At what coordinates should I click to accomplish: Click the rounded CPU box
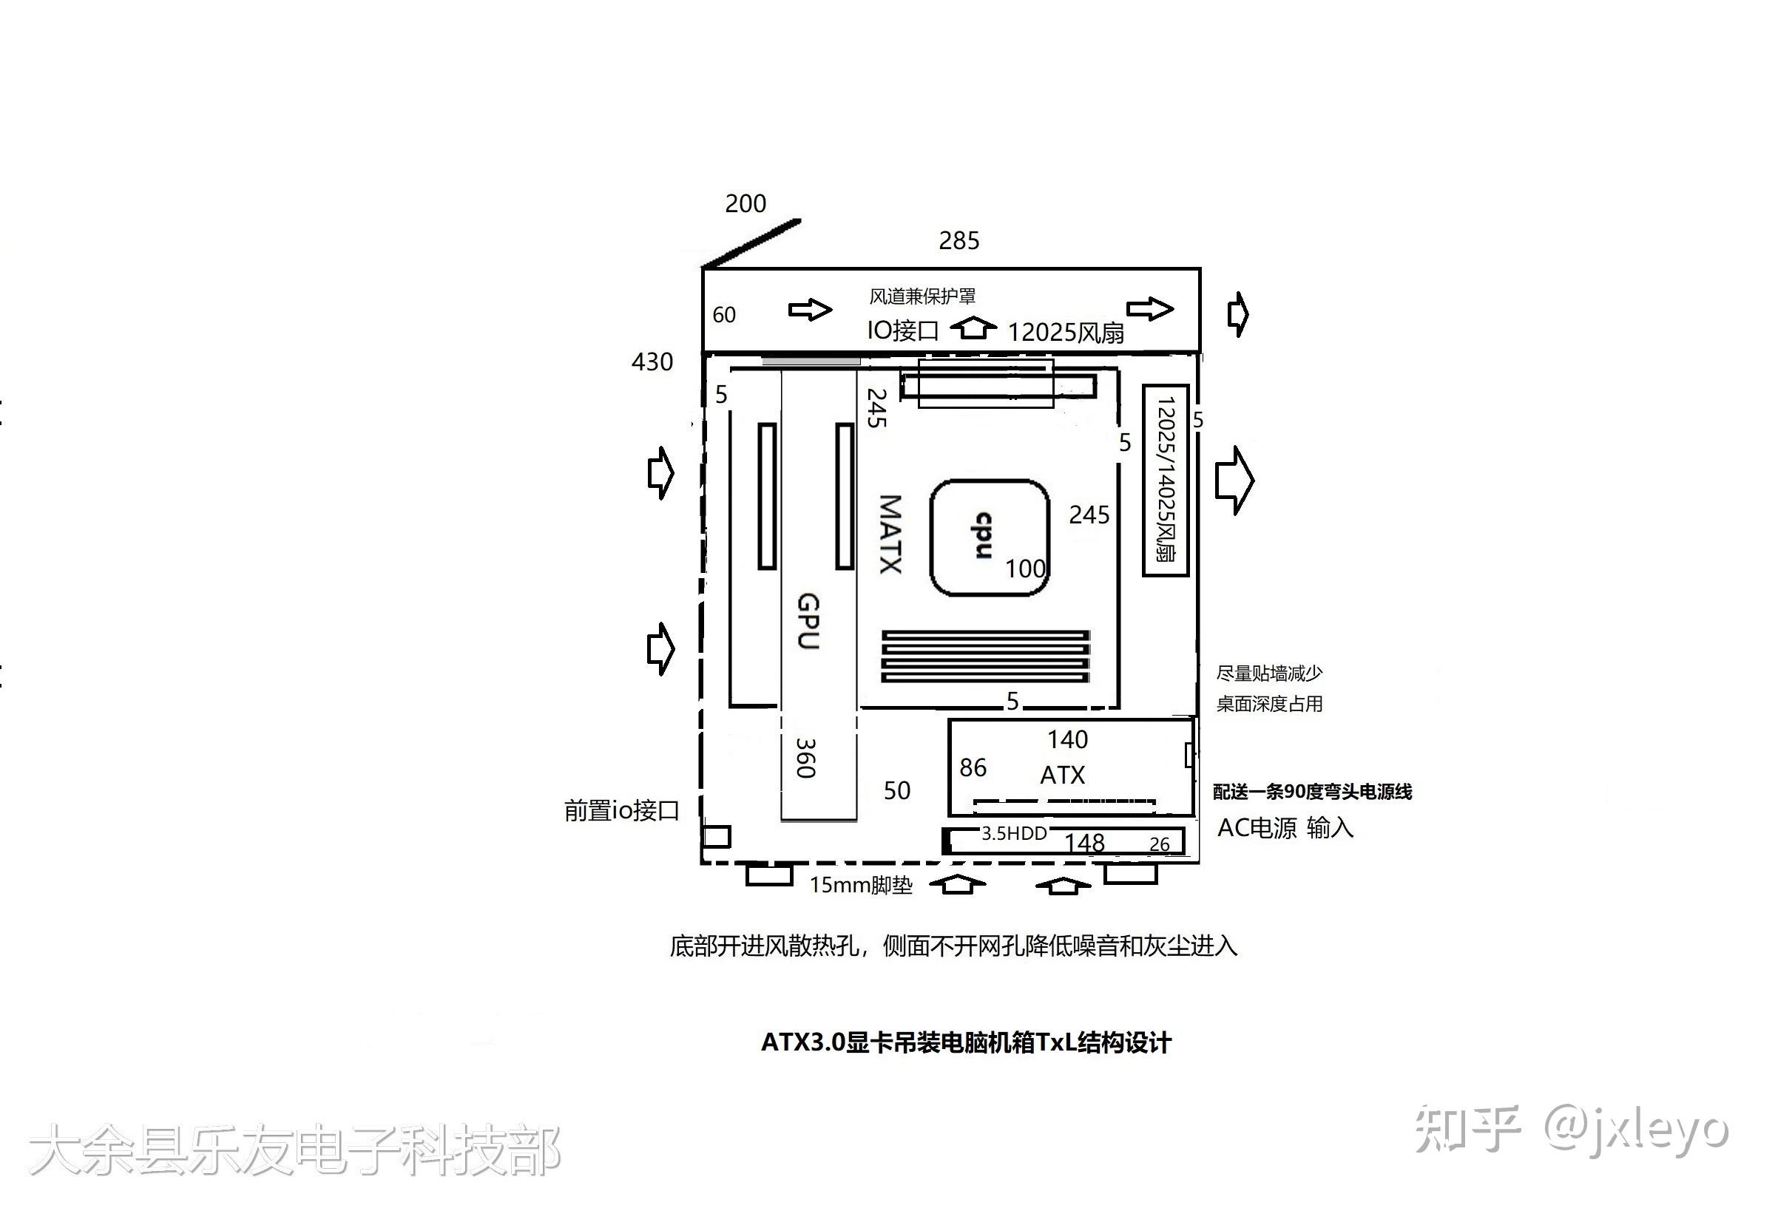[x=988, y=537]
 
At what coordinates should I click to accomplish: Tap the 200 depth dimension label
[x=745, y=203]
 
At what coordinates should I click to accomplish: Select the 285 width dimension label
[x=958, y=240]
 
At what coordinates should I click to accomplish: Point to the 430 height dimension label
[x=652, y=362]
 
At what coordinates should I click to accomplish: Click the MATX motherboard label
[x=890, y=534]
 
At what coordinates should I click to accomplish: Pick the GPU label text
[x=808, y=622]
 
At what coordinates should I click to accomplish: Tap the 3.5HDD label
[x=1013, y=833]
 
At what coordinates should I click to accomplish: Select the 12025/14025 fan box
[x=1165, y=480]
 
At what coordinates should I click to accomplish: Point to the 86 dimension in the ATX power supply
[x=973, y=767]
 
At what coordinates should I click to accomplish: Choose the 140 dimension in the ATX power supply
[x=1067, y=739]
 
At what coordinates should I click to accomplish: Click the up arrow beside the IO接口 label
[x=973, y=328]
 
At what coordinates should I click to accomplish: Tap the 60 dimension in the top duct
[x=723, y=315]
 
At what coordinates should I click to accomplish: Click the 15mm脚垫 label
[x=861, y=885]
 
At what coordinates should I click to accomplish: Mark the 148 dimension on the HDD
[x=1083, y=842]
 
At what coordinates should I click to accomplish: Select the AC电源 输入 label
[x=1285, y=828]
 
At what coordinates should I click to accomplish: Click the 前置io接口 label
[x=622, y=810]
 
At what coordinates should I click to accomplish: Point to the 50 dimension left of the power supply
[x=896, y=790]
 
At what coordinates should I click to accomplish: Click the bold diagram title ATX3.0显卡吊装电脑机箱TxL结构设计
[x=965, y=1042]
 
